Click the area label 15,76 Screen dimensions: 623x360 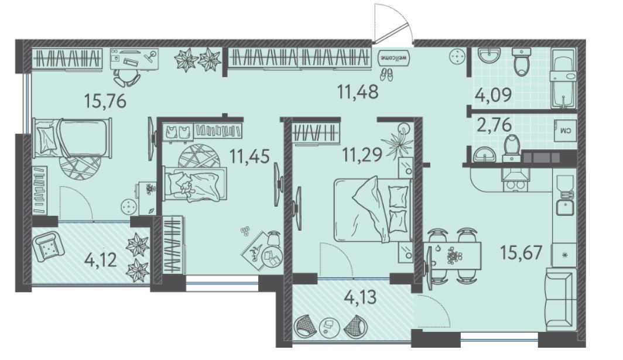point(105,101)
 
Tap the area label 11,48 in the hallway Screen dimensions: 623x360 point(358,92)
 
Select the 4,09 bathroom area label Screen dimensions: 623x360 point(493,96)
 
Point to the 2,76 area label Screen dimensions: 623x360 point(492,125)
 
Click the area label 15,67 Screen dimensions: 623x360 point(521,252)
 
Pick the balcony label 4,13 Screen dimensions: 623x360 point(358,297)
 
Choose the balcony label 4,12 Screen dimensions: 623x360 point(101,260)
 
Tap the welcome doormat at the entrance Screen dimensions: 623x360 point(393,58)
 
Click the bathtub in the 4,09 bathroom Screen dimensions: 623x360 point(563,78)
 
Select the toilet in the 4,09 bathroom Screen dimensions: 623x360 point(521,61)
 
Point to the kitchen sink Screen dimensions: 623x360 point(564,207)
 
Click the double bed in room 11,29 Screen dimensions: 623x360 point(372,210)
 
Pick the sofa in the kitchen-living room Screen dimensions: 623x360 point(560,299)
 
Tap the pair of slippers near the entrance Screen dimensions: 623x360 point(386,74)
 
